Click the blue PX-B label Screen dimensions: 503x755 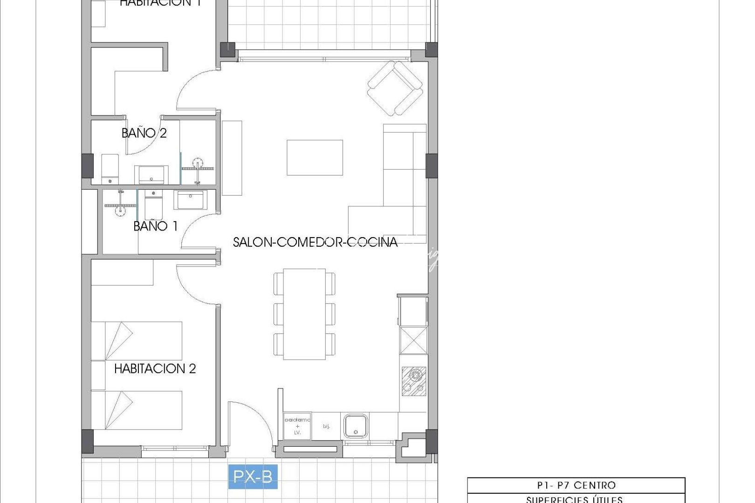[x=253, y=477]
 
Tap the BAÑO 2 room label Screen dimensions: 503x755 [x=144, y=133]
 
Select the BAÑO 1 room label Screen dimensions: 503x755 [x=156, y=226]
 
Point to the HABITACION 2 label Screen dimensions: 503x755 [x=155, y=369]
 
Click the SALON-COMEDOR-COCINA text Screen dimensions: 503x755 [x=315, y=242]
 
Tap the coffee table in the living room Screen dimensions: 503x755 [x=315, y=157]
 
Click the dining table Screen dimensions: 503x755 [x=305, y=314]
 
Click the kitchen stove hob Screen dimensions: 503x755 [x=413, y=381]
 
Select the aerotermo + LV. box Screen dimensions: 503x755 [x=297, y=426]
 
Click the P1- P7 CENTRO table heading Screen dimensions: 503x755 [x=576, y=485]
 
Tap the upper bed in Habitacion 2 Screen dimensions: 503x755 [x=137, y=340]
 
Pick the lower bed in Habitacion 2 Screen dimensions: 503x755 [x=137, y=410]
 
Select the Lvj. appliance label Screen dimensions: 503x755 [x=326, y=426]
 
